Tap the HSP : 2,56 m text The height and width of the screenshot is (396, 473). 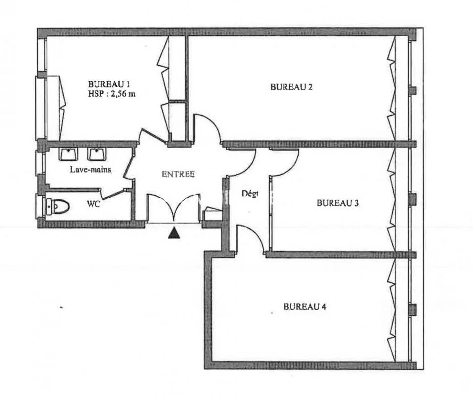pyautogui.click(x=112, y=94)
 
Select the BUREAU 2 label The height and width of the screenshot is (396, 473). pyautogui.click(x=291, y=87)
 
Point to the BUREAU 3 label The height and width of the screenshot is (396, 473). pyautogui.click(x=337, y=203)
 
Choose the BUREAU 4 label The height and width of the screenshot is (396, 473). pyautogui.click(x=305, y=307)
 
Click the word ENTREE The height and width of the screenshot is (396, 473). pyautogui.click(x=178, y=174)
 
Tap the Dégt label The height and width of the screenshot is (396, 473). pyautogui.click(x=250, y=194)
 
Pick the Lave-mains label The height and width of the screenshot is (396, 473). pyautogui.click(x=91, y=170)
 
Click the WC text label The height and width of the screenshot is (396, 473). pyautogui.click(x=94, y=204)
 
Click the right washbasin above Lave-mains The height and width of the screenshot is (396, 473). pyautogui.click(x=97, y=154)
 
